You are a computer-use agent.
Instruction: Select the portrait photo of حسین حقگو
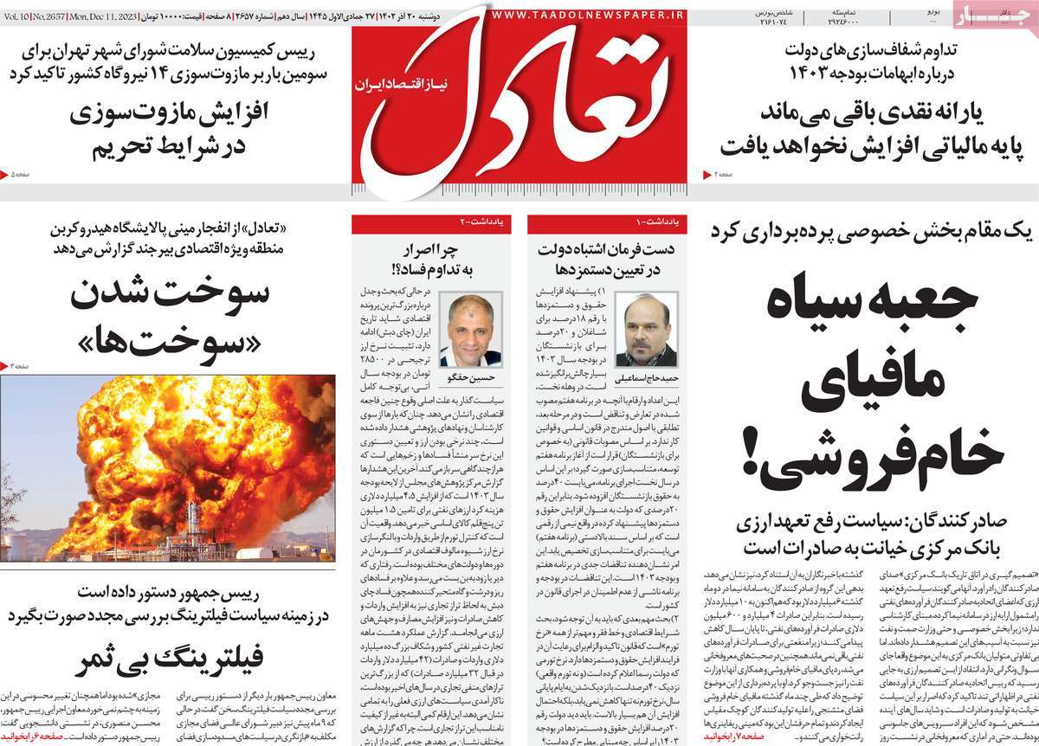tap(469, 330)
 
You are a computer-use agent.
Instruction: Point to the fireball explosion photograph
tap(168, 466)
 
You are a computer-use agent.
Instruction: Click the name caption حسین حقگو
tap(469, 378)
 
